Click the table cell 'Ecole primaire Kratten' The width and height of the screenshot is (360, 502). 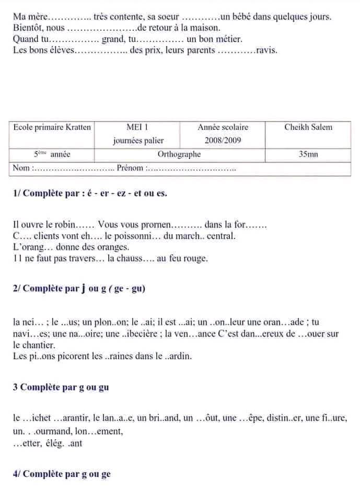pos(52,127)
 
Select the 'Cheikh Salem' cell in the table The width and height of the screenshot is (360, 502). pos(308,127)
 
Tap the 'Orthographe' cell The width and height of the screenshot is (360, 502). pos(179,154)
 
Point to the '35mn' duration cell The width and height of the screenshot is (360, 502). pos(308,154)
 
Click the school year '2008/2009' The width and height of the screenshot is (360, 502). pos(223,140)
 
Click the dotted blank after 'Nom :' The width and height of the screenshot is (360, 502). pos(74,168)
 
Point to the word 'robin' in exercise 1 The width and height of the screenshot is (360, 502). pos(65,225)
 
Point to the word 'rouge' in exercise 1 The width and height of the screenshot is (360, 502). pos(196,258)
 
